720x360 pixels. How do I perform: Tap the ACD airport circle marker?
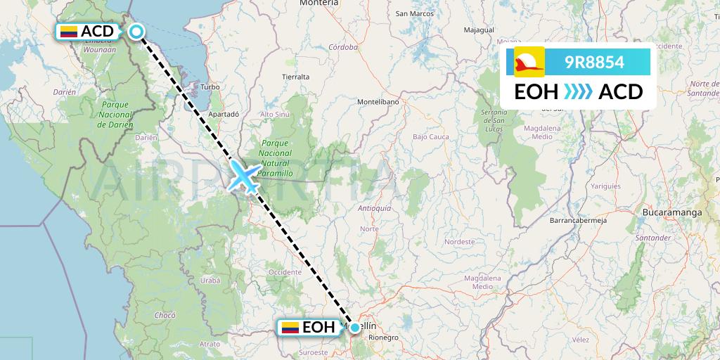136,31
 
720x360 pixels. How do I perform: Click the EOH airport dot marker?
355,328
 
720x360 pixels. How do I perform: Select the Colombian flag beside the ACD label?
68,32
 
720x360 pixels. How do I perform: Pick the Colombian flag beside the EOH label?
290,328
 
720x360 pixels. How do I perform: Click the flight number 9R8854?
594,63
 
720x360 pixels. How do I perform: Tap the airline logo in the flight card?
529,63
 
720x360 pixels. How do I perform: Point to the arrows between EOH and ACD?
578,92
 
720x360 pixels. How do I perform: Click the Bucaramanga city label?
672,211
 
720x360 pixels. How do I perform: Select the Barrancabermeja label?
577,219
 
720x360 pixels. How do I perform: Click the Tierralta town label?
295,76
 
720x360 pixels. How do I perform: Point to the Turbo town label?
210,87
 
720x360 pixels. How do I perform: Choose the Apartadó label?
224,113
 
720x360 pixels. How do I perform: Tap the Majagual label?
480,30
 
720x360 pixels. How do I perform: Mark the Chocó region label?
165,316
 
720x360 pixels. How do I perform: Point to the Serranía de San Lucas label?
494,122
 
